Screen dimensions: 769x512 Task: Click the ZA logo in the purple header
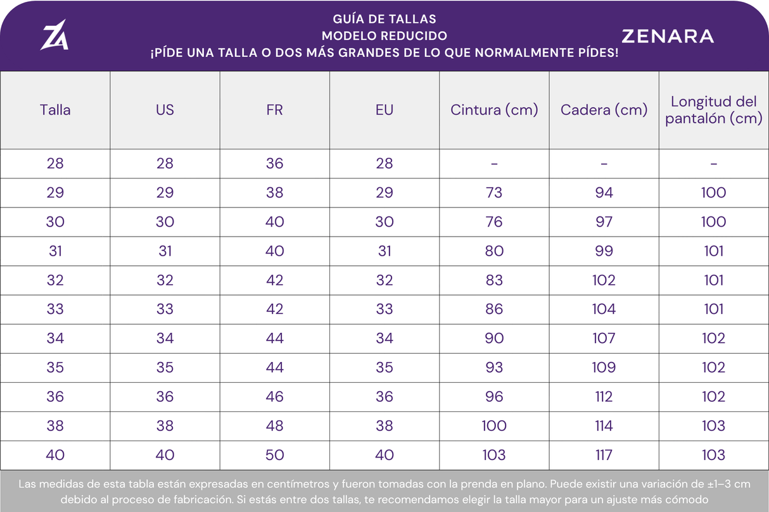54,35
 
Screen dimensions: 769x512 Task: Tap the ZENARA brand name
668,36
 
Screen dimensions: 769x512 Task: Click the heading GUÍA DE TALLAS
384,19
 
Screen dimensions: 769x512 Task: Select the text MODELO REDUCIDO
384,35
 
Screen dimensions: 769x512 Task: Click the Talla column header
55,110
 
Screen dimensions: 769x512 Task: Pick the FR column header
275,110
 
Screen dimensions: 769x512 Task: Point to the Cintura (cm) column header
494,110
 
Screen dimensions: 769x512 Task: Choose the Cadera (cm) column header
604,110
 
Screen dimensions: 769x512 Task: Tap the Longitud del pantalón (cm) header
714,110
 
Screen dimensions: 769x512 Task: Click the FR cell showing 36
275,163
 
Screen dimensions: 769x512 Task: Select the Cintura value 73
494,192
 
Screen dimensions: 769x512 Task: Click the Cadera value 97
604,222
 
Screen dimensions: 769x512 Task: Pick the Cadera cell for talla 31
604,251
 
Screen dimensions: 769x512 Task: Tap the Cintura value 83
494,280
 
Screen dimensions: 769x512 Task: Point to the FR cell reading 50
275,455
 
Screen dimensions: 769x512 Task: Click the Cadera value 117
604,455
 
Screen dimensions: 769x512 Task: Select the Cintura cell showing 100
494,426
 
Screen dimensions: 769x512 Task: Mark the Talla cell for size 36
55,397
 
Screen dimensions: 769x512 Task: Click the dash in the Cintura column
494,164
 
